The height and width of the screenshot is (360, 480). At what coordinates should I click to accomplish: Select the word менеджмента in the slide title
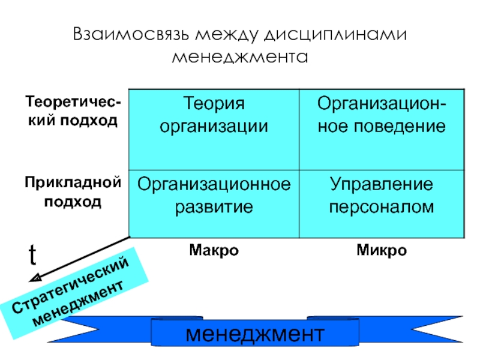(x=240, y=58)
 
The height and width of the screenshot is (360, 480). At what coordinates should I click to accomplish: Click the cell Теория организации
(x=214, y=128)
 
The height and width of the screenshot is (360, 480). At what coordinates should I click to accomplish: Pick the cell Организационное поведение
(x=381, y=128)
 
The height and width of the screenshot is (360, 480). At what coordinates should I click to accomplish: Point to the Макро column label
(x=214, y=250)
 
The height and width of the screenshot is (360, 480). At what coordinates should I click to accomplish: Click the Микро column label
(x=381, y=250)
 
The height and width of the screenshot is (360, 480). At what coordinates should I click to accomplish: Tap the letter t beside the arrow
(x=32, y=256)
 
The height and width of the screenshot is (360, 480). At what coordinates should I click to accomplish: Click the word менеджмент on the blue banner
(x=254, y=333)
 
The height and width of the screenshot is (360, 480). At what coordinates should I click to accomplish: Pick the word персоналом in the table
(x=381, y=207)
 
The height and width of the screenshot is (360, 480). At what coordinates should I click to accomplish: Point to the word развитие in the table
(x=214, y=207)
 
